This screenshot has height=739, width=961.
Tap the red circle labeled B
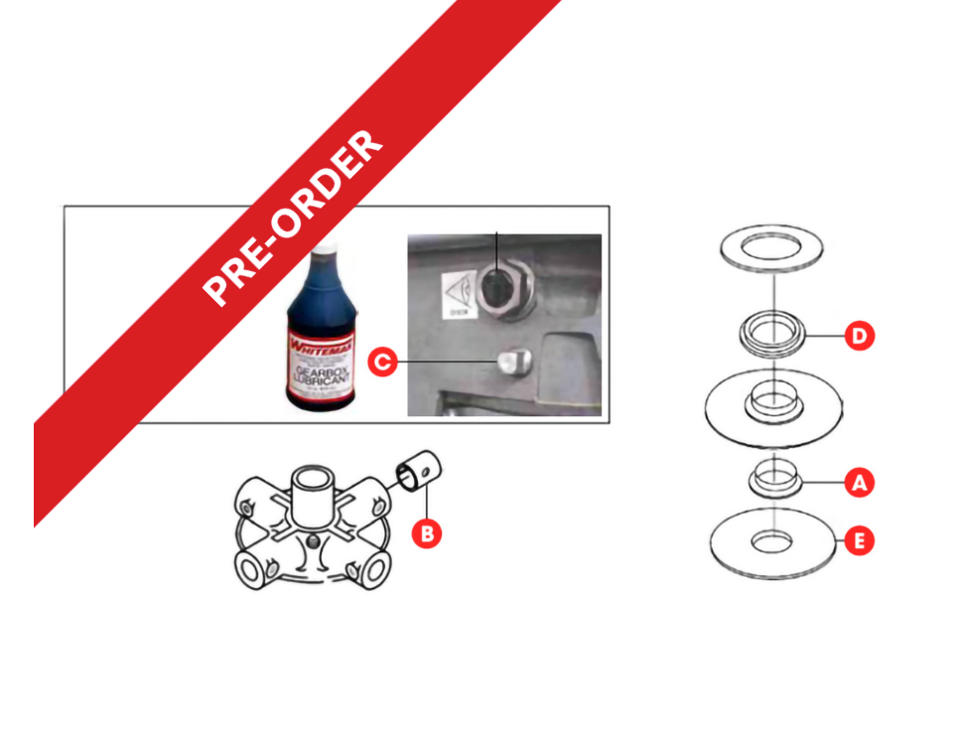(x=427, y=533)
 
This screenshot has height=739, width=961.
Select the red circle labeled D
(x=860, y=336)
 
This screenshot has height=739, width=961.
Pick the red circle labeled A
(x=860, y=484)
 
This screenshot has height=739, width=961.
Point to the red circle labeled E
(x=860, y=541)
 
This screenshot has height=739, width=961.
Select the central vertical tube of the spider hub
(x=312, y=490)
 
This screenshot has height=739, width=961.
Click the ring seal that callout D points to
(x=772, y=331)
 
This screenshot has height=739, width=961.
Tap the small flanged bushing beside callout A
(x=772, y=477)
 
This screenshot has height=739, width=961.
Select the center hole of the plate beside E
(x=772, y=541)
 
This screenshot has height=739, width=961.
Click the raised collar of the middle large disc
(x=772, y=400)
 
